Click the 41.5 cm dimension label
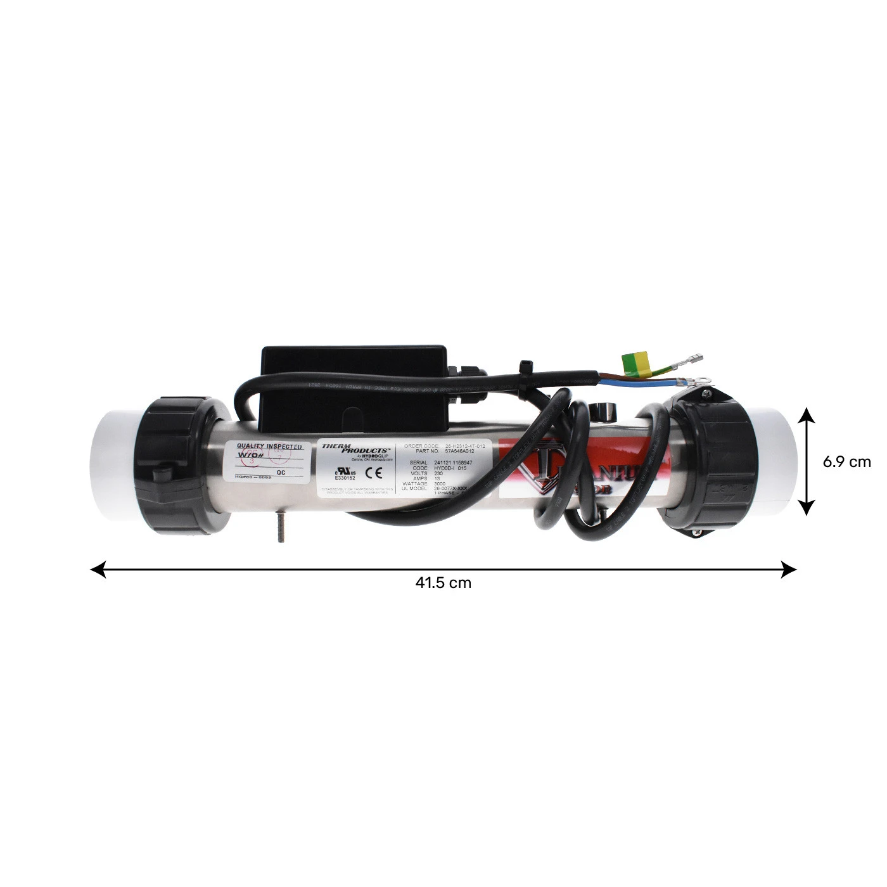pyautogui.click(x=443, y=583)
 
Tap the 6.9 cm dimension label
pyautogui.click(x=846, y=462)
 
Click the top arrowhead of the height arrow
pyautogui.click(x=806, y=416)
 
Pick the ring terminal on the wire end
pyautogui.click(x=702, y=380)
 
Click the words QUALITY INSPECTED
pyautogui.click(x=269, y=447)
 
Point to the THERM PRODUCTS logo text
pyautogui.click(x=355, y=449)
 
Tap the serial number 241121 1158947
pyautogui.click(x=453, y=463)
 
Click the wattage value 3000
pyautogui.click(x=440, y=483)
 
